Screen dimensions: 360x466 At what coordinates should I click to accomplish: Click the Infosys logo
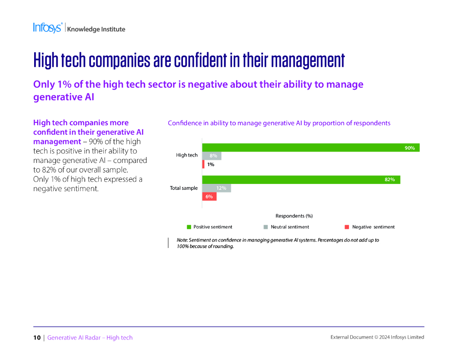[x=47, y=28]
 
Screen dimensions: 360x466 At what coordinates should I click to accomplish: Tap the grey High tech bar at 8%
[x=212, y=156]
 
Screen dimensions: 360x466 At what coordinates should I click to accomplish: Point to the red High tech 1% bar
[x=203, y=164]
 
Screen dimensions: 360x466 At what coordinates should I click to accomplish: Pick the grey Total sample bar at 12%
[x=217, y=188]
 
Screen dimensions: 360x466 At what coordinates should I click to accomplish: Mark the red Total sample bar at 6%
[x=209, y=197]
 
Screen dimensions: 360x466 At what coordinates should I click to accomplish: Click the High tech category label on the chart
[x=187, y=155]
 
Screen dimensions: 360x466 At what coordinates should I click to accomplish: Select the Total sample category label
[x=184, y=188]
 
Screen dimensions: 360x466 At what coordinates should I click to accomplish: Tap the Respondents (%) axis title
[x=294, y=216]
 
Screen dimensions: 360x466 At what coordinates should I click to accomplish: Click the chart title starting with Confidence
[x=279, y=123]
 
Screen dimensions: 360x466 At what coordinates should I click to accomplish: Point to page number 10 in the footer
[x=36, y=337]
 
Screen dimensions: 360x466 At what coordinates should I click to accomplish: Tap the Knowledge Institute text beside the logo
[x=96, y=30]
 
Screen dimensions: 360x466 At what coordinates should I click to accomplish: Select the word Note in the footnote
[x=182, y=240]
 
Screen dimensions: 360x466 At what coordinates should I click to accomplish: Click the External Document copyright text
[x=377, y=337]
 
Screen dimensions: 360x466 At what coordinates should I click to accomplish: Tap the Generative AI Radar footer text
[x=90, y=337]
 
